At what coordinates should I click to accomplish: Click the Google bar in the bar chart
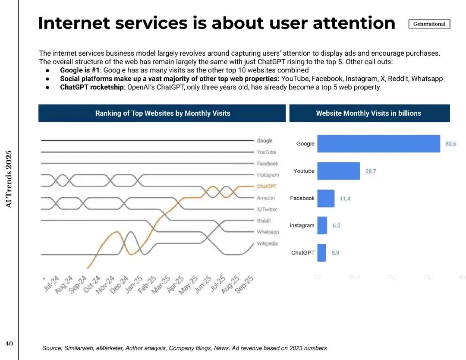pos(378,144)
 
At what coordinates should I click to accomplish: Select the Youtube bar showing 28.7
pos(338,171)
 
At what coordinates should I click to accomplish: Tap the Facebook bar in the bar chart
pos(326,198)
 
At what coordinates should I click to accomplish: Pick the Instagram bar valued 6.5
pos(322,225)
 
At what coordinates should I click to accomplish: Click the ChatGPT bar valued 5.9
pos(321,253)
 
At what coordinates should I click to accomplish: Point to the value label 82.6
pos(450,144)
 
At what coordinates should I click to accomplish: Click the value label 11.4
pos(345,199)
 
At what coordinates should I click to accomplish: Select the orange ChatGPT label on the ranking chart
pos(266,186)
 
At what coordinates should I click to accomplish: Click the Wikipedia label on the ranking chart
pos(268,243)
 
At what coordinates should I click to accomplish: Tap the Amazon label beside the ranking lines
pos(266,198)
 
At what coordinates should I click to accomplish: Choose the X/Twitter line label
pos(267,209)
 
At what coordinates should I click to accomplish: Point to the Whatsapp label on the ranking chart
pos(268,232)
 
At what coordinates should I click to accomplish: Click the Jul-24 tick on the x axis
pos(52,284)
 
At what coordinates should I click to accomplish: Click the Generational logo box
pos(429,24)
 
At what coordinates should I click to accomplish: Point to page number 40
pos(9,344)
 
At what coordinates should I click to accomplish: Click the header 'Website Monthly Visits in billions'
pos(368,114)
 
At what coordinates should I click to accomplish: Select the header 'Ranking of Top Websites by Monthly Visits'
pos(162,114)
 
